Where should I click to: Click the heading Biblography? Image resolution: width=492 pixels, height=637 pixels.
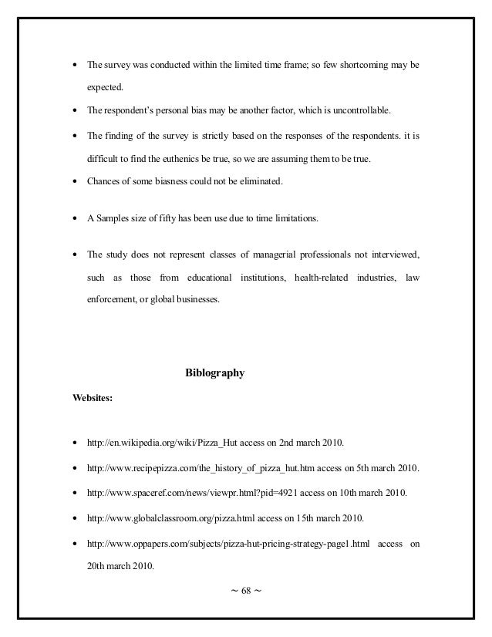(215, 373)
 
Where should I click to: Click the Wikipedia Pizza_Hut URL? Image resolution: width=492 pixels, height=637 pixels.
(157, 443)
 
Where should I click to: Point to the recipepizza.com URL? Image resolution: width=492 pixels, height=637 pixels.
(196, 468)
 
